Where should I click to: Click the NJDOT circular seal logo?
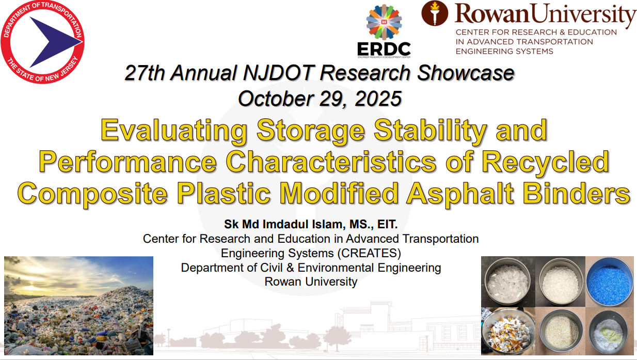(x=43, y=42)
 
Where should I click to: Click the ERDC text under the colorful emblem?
(x=384, y=49)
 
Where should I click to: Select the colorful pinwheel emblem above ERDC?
(x=384, y=22)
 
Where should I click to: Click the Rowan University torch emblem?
(x=435, y=13)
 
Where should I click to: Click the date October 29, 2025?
(x=320, y=99)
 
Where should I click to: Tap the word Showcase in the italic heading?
(x=466, y=73)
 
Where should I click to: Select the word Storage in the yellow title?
(x=311, y=131)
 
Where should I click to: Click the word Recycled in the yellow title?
(x=545, y=162)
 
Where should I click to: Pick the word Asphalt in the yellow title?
(x=459, y=193)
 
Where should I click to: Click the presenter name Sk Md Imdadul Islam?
(x=284, y=224)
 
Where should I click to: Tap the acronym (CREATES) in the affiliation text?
(x=369, y=253)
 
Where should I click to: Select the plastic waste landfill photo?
(x=79, y=306)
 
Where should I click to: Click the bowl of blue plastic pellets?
(x=610, y=281)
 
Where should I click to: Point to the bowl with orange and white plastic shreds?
(x=507, y=332)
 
